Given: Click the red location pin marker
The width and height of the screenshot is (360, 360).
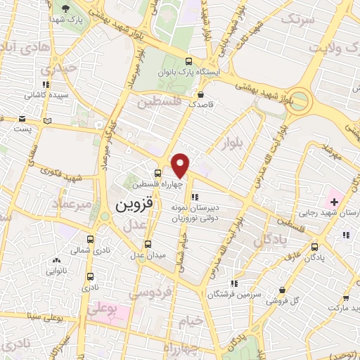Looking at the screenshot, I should pos(181,165).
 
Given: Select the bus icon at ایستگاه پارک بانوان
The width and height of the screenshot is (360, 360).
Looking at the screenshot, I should pos(188,62).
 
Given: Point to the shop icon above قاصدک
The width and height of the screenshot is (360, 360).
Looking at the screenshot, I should pos(202,94).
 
